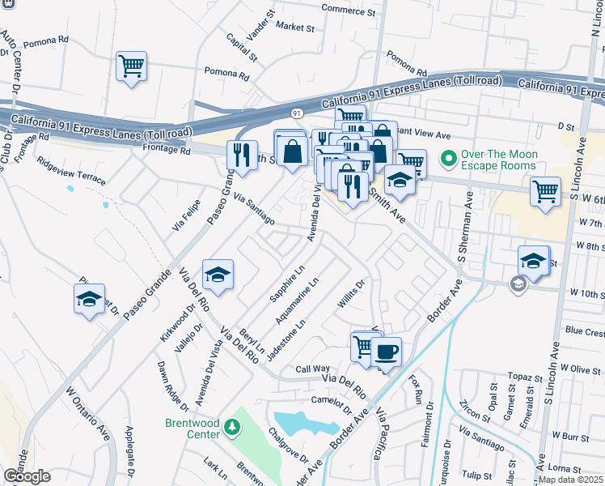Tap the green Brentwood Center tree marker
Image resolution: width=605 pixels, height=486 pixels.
coord(232,427)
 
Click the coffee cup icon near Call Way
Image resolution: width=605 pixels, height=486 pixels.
coord(387,352)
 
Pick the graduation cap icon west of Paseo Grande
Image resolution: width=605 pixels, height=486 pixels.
coord(90,300)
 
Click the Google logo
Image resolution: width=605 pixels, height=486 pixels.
coord(27,475)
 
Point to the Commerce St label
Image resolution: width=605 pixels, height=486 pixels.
coord(349,11)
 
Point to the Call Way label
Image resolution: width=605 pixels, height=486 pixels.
coord(312,368)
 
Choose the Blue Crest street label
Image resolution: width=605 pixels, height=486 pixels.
coord(584,331)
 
